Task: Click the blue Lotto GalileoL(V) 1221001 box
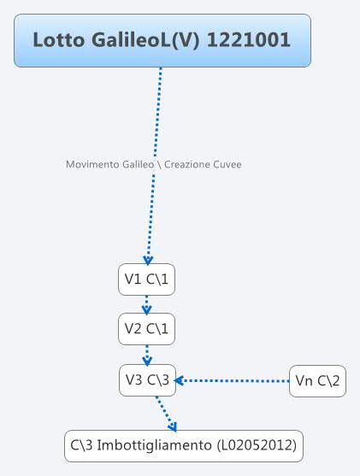click(x=162, y=40)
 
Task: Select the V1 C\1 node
click(x=147, y=279)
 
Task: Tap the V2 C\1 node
click(x=147, y=329)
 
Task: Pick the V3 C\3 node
click(x=147, y=381)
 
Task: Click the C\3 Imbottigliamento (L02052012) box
click(x=184, y=446)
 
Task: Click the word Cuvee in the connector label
click(x=226, y=164)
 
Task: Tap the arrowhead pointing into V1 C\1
click(x=148, y=260)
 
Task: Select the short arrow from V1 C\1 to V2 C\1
click(x=147, y=304)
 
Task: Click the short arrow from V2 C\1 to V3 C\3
click(x=147, y=355)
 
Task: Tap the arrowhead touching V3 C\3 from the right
click(x=181, y=380)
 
